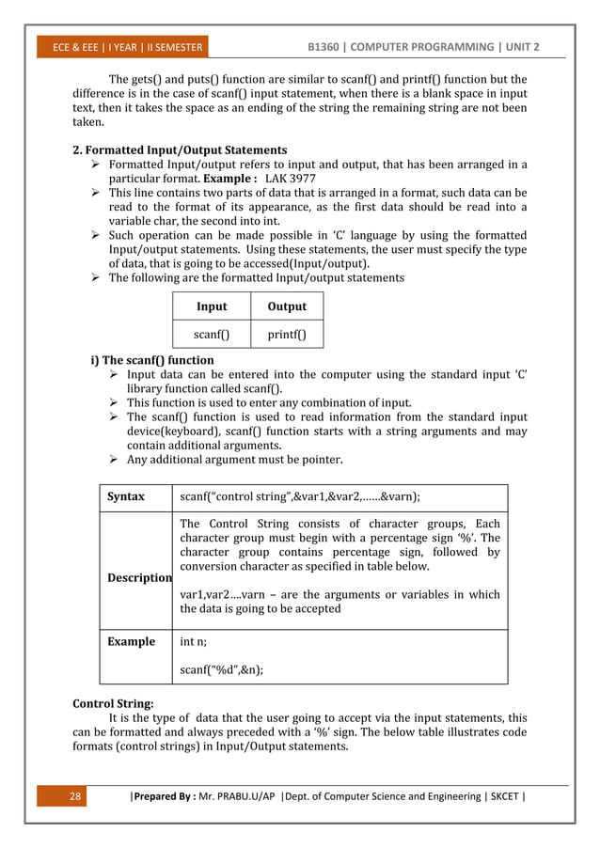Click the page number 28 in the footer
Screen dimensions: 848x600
(x=77, y=799)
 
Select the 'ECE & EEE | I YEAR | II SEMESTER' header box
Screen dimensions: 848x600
(x=122, y=47)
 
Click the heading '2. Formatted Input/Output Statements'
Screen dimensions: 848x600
(x=180, y=149)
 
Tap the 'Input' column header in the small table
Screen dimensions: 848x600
(x=212, y=306)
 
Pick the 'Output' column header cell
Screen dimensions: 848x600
(x=287, y=306)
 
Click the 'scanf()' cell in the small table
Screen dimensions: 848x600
(x=212, y=333)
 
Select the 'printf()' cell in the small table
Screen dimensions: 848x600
(x=287, y=333)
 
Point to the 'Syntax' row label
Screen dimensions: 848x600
(x=126, y=496)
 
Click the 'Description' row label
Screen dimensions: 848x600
(x=139, y=577)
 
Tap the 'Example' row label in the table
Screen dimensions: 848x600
(x=131, y=641)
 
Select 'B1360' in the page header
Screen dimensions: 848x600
(x=335, y=47)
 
